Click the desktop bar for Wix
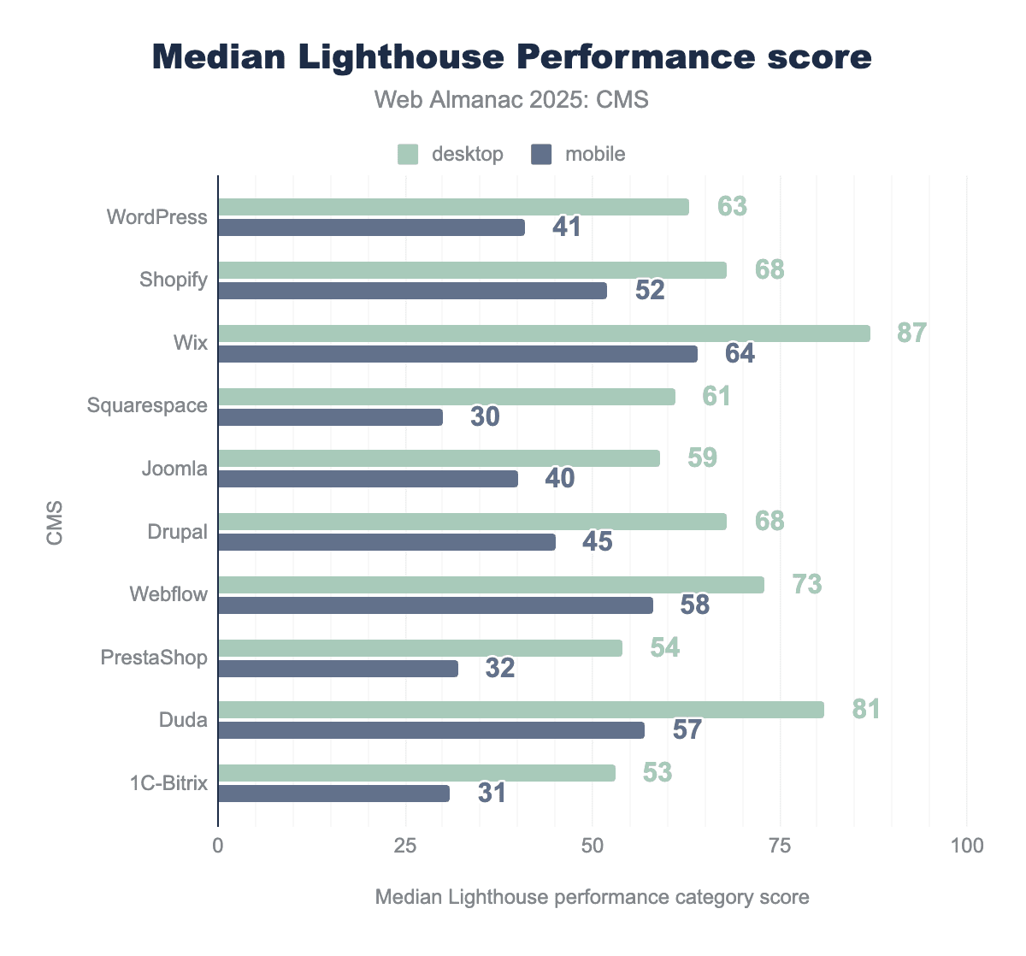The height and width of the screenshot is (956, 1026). [x=544, y=333]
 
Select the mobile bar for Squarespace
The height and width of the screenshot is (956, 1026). [x=330, y=417]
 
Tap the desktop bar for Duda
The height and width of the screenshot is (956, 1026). [x=521, y=710]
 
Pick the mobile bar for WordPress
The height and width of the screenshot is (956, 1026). [x=371, y=227]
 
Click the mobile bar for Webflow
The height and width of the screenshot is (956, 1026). [x=435, y=605]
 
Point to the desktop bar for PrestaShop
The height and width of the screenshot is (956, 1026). [x=420, y=648]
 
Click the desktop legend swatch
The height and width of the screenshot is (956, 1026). [x=408, y=155]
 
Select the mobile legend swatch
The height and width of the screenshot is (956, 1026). [x=542, y=155]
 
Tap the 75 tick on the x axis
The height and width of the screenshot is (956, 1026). [x=780, y=846]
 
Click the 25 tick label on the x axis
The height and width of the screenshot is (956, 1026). [x=405, y=846]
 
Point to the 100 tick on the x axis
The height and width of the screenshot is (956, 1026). [x=966, y=846]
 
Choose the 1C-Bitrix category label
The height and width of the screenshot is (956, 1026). [x=168, y=783]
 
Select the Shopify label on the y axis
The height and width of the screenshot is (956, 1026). [x=174, y=280]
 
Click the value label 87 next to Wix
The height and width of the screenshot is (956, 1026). [x=911, y=333]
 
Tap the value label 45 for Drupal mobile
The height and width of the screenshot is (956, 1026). [x=598, y=541]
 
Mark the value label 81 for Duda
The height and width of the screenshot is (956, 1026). [x=865, y=709]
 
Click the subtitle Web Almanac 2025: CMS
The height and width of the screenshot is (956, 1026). [x=511, y=100]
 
